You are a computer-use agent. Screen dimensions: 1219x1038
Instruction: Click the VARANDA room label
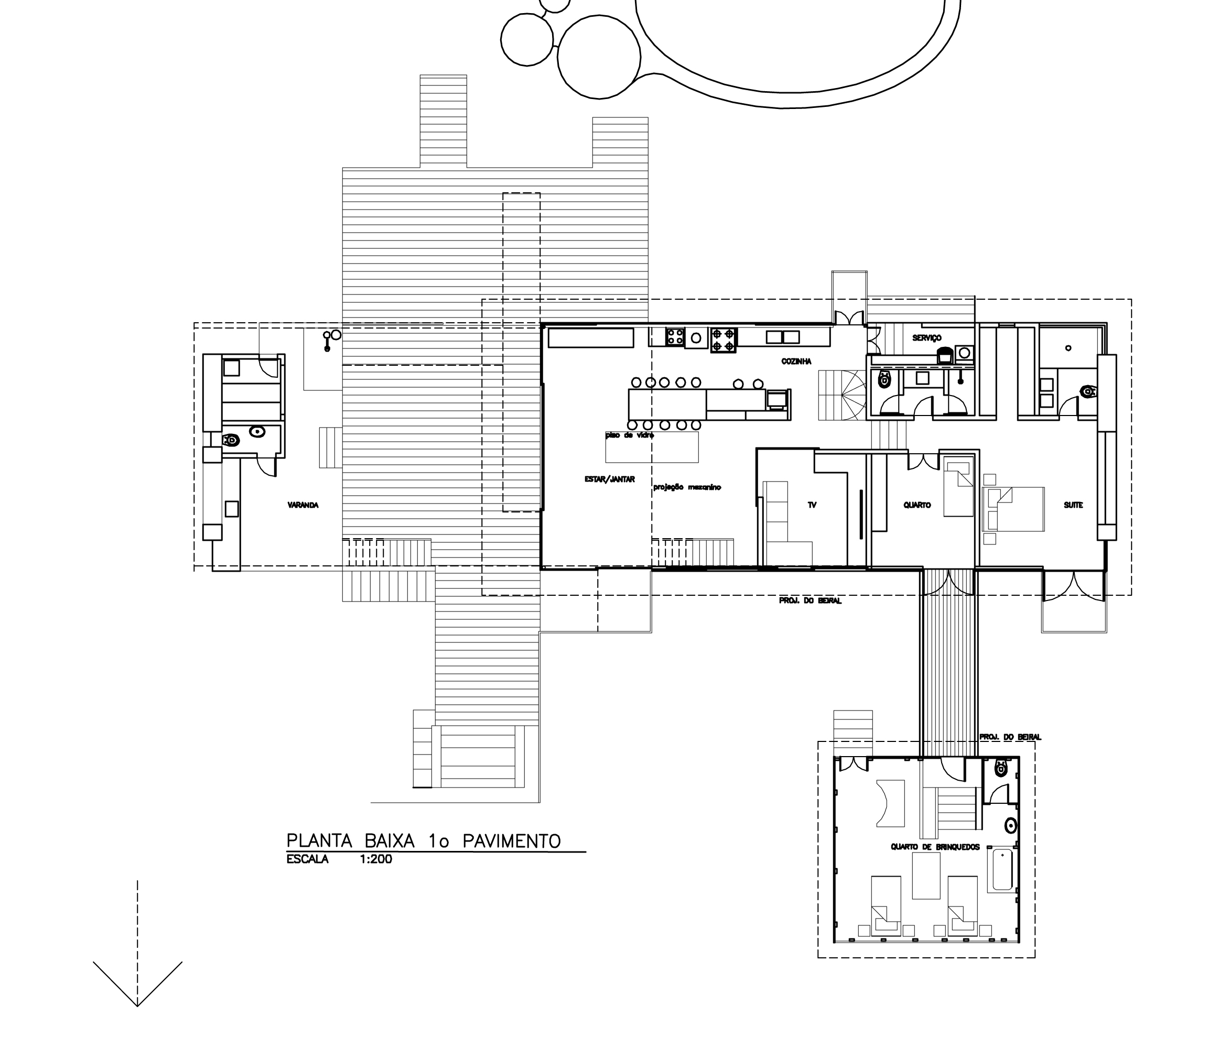coord(303,505)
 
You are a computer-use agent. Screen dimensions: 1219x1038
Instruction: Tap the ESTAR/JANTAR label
coord(609,479)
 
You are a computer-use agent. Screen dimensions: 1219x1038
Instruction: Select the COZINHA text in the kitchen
coord(796,361)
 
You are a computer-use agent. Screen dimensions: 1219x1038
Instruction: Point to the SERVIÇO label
coord(927,337)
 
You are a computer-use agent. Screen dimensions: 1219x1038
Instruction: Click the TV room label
coord(812,505)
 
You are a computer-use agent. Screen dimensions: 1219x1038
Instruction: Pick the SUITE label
coord(1074,505)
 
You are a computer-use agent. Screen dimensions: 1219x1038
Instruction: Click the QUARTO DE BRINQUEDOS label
coord(935,847)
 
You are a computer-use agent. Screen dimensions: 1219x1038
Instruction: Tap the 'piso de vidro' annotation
coord(630,435)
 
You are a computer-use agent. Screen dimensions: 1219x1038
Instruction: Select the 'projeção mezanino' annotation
coord(687,487)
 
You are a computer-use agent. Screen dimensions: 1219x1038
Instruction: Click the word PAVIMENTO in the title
coord(512,841)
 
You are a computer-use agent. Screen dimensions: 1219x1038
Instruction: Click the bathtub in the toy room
coord(1002,870)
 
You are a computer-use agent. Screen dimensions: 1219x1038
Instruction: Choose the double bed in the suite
coord(1012,509)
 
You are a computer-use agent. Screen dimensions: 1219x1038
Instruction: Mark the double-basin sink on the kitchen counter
coord(782,337)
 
